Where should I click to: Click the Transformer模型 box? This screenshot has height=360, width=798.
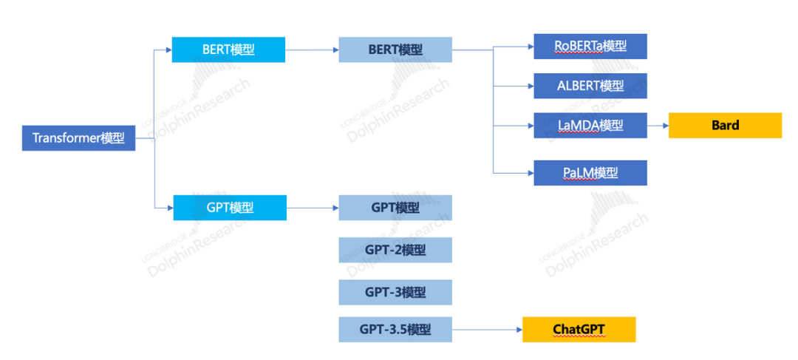pyautogui.click(x=79, y=138)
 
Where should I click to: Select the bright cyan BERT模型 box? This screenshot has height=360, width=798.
pyautogui.click(x=228, y=50)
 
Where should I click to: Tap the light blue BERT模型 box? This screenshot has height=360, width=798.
pyautogui.click(x=395, y=50)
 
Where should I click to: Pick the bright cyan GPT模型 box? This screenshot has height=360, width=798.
pyautogui.click(x=230, y=208)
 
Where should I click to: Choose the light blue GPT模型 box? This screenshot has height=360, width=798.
pyautogui.click(x=395, y=208)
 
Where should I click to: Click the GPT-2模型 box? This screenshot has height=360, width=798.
pyautogui.click(x=395, y=250)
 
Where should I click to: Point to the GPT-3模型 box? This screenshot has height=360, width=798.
pyautogui.click(x=395, y=292)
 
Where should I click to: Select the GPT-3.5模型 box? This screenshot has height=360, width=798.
pyautogui.click(x=395, y=330)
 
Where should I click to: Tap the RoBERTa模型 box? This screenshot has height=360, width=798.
pyautogui.click(x=590, y=47)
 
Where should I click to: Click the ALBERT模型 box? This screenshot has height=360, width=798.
pyautogui.click(x=590, y=86)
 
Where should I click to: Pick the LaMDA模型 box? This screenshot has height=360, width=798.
pyautogui.click(x=590, y=125)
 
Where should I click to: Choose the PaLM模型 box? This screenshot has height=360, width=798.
pyautogui.click(x=590, y=173)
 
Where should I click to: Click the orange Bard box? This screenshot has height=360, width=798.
pyautogui.click(x=726, y=125)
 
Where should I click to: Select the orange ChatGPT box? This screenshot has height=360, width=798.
pyautogui.click(x=579, y=330)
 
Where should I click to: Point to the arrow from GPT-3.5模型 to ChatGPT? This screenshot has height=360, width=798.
pyautogui.click(x=488, y=330)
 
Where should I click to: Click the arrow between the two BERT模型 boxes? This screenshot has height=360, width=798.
pyautogui.click(x=312, y=50)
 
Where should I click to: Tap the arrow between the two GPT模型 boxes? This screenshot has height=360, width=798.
pyautogui.click(x=313, y=208)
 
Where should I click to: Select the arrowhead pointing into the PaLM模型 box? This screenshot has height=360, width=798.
pyautogui.click(x=531, y=173)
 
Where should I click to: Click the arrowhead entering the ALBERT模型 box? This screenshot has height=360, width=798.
pyautogui.click(x=531, y=86)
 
